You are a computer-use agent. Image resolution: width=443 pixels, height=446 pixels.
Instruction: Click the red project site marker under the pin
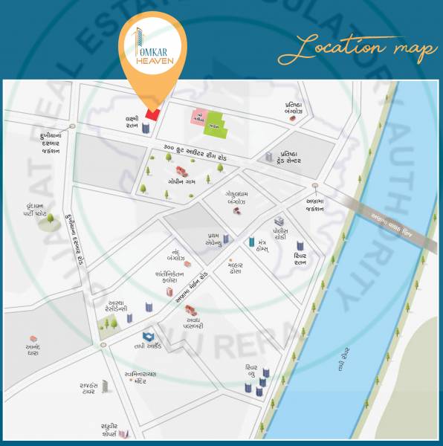pyautogui.click(x=152, y=114)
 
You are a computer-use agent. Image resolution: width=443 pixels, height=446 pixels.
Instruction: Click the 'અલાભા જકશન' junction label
pyautogui.click(x=314, y=204)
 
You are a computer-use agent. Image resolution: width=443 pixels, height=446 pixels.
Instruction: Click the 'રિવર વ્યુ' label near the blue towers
pyautogui.click(x=251, y=372)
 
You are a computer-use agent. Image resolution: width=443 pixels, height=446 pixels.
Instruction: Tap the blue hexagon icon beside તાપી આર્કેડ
pyautogui.click(x=147, y=337)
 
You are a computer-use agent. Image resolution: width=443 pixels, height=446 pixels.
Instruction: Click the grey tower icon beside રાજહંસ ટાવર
pyautogui.click(x=105, y=386)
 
